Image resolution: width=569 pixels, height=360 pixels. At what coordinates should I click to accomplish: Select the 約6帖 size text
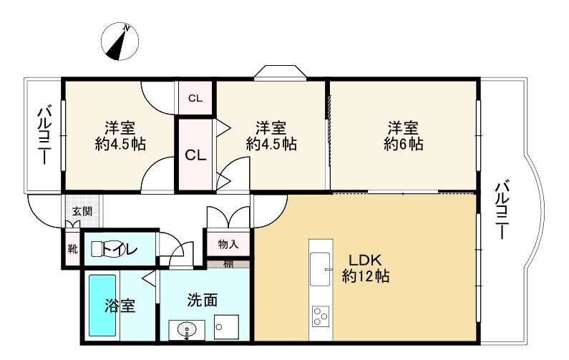[x=403, y=144]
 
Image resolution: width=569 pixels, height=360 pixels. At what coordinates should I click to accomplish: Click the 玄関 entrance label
[x=82, y=211]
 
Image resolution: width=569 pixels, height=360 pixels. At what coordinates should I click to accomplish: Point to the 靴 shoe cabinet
[x=72, y=249]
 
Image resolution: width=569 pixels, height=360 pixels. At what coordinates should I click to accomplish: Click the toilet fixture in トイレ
[x=99, y=249]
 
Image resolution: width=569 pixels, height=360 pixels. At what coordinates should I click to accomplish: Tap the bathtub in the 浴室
[x=102, y=306]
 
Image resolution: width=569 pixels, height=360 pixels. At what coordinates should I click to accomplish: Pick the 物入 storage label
[x=228, y=244]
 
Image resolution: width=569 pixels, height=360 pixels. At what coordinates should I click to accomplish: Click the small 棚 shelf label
[x=228, y=263]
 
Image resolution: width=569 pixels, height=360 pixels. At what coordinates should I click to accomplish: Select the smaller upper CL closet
[x=195, y=99]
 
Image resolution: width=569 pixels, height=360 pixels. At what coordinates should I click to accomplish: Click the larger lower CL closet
[x=195, y=155]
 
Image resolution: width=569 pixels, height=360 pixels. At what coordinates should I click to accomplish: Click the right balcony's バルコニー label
[x=503, y=210]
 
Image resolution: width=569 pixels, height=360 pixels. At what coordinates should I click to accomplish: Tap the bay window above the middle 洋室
[x=281, y=73]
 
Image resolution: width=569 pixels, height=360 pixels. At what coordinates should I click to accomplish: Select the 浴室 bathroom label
[x=120, y=306]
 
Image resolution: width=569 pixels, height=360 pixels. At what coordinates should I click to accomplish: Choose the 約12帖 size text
[x=365, y=276]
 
